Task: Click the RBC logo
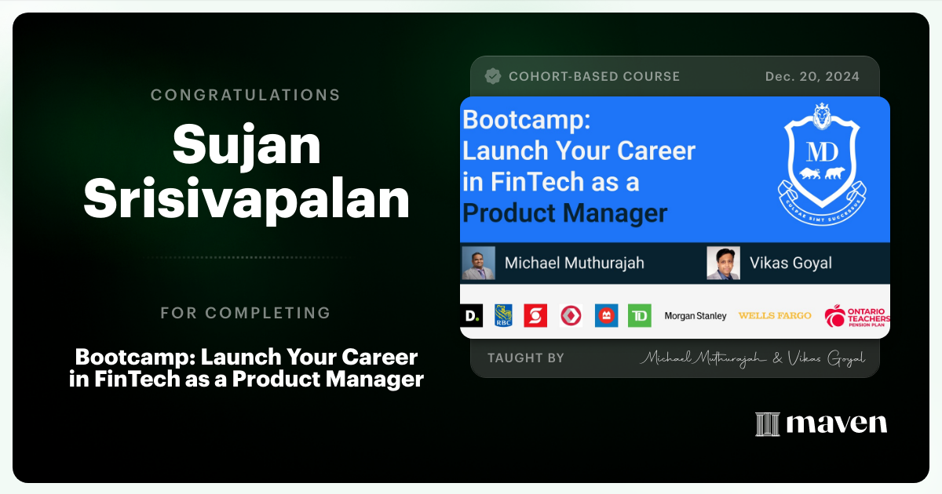point(503,315)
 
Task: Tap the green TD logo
point(639,315)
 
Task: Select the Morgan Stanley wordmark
point(696,316)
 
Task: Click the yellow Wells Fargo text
point(775,315)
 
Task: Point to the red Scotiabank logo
point(536,315)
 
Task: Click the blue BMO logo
point(605,315)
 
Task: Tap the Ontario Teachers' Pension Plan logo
point(856,316)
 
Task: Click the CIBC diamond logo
point(571,315)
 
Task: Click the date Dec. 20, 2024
point(812,76)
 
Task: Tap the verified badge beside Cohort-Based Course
point(493,76)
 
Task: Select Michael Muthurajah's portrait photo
point(479,263)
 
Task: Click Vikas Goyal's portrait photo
point(723,263)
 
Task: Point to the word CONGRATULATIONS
point(246,95)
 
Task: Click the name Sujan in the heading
point(246,146)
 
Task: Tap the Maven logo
point(821,424)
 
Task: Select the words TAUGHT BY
point(525,358)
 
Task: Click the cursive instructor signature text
point(752,358)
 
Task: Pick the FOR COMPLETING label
point(246,313)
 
